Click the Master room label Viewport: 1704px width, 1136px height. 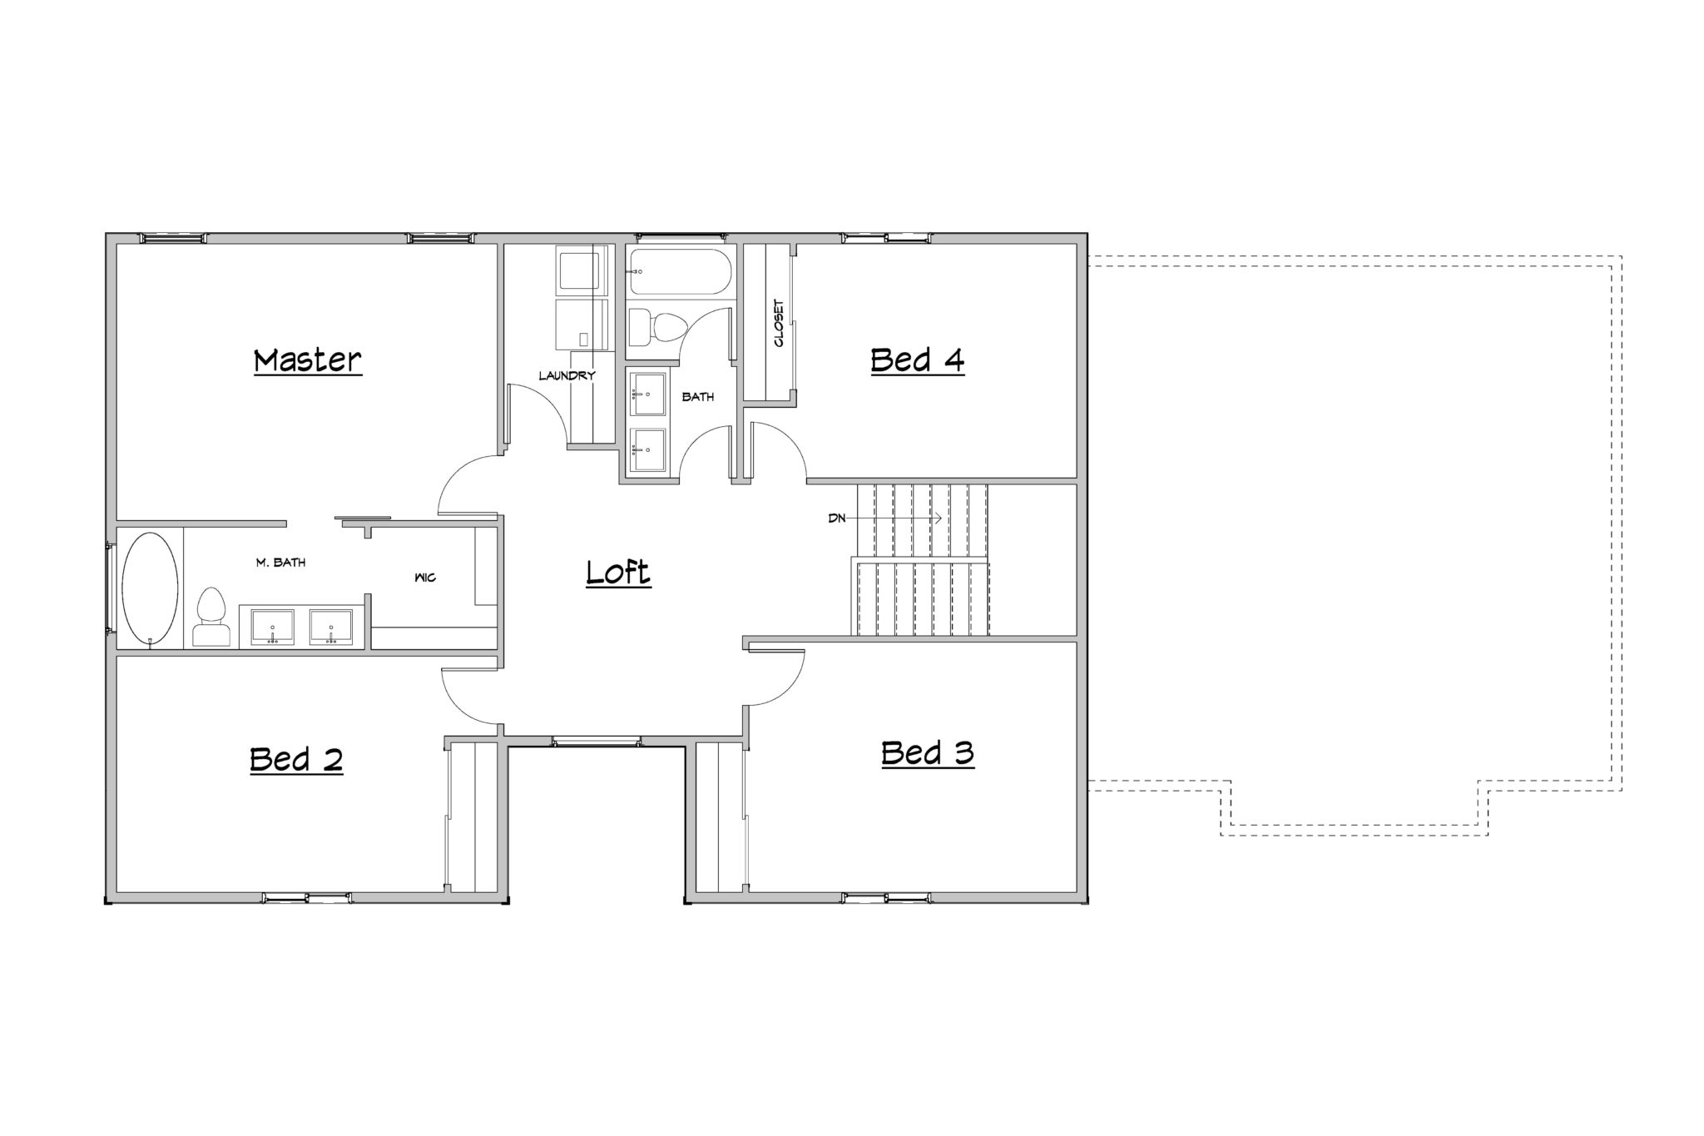point(308,361)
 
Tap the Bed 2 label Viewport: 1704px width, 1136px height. point(296,760)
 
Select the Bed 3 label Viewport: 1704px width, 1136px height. point(928,753)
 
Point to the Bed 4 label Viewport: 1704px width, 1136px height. point(918,360)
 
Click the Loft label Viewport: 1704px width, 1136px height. point(618,573)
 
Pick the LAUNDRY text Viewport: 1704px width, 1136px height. point(567,375)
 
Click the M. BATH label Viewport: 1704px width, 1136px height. point(280,563)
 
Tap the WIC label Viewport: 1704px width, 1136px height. point(425,578)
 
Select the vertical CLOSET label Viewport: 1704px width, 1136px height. point(779,323)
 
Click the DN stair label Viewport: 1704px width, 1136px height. point(837,518)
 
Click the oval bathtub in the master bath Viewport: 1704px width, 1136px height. point(150,588)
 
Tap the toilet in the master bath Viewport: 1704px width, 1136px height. point(211,617)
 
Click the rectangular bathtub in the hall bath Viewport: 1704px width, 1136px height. point(681,271)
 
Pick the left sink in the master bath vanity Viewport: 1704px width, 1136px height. point(272,627)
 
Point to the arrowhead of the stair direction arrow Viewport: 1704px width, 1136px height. point(938,518)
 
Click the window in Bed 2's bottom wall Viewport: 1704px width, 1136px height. point(306,898)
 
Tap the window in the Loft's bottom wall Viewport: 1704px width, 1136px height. point(597,741)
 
